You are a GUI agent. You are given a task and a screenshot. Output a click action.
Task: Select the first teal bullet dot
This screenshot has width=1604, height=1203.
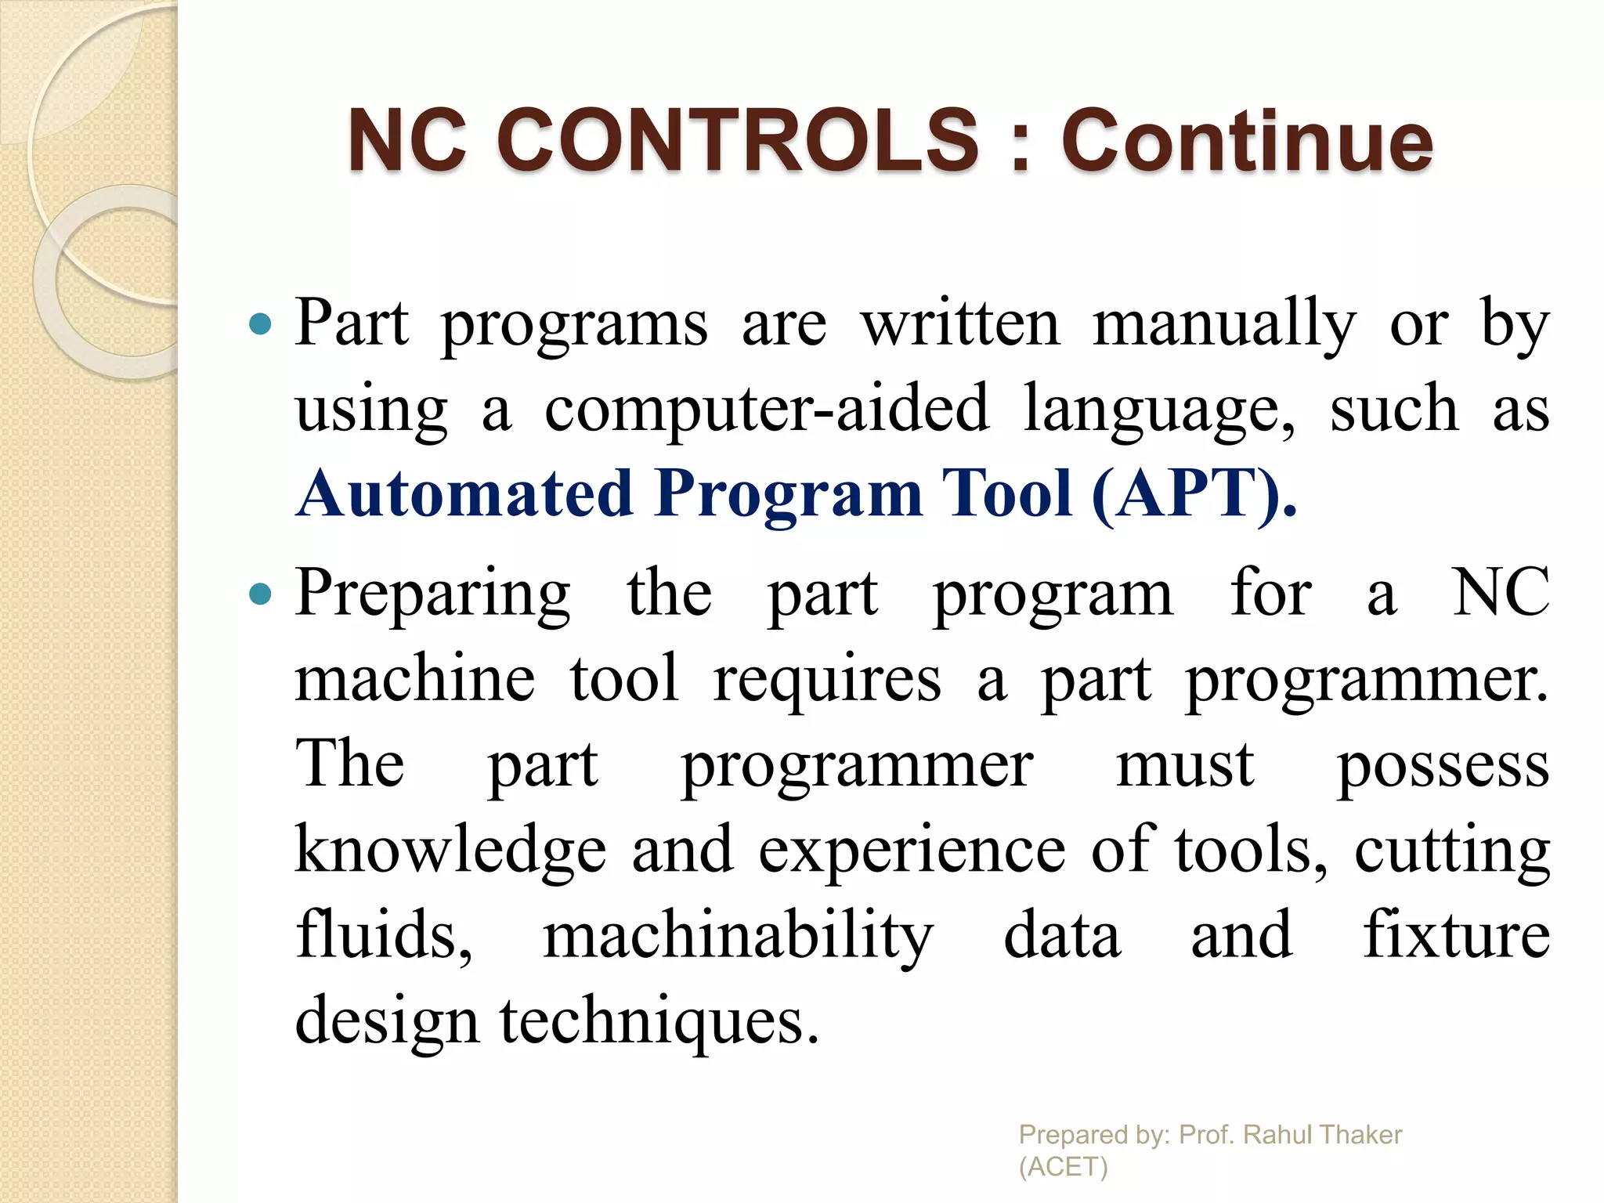pos(259,323)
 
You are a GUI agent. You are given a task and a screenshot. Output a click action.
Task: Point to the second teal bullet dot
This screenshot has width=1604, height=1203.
pos(259,594)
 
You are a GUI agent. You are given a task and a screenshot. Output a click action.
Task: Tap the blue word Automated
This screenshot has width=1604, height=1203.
pos(465,494)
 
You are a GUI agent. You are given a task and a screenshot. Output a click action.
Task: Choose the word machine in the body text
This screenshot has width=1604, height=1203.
pos(415,679)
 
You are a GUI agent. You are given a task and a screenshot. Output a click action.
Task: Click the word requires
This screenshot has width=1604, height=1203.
pos(827,681)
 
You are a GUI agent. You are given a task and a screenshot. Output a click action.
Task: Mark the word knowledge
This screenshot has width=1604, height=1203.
pos(450,851)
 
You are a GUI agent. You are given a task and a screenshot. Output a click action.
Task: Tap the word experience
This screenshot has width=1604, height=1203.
pos(912,851)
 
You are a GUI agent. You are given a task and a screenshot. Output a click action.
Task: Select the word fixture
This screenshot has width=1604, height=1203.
pos(1456,935)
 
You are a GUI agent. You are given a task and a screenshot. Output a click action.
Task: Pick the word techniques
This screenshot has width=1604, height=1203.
pos(659,1022)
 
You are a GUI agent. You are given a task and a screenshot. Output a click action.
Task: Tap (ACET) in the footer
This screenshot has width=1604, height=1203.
pos(1063,1166)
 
